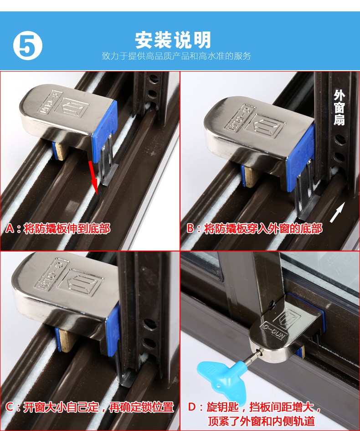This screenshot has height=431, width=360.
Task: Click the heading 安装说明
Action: pos(173,40)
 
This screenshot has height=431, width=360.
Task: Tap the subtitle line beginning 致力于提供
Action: pos(176,56)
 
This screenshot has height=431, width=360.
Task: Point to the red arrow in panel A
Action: pos(93,177)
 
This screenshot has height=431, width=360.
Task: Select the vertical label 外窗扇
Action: pos(339,108)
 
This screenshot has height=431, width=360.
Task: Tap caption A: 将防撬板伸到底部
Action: pos(58,229)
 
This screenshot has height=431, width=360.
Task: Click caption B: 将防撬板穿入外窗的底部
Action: pos(254,228)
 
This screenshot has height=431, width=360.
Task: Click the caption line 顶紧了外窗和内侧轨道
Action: pos(261,421)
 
